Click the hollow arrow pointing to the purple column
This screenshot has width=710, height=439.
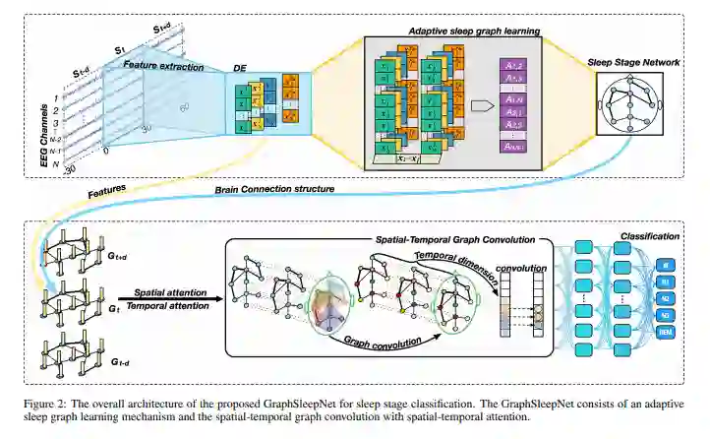pyautogui.click(x=479, y=103)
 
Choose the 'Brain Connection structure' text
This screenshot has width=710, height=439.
pyautogui.click(x=272, y=188)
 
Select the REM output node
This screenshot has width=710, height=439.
pyautogui.click(x=665, y=333)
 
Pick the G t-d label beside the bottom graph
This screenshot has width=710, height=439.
pyautogui.click(x=119, y=362)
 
